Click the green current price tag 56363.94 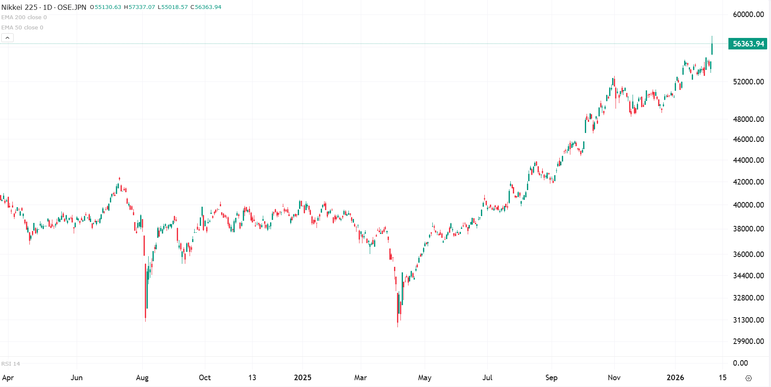click(748, 44)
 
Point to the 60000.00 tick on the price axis click(748, 14)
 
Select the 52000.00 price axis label click(748, 82)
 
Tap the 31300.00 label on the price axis click(748, 320)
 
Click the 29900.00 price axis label click(748, 341)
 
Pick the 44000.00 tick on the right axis click(748, 160)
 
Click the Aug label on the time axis click(142, 378)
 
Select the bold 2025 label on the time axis click(302, 378)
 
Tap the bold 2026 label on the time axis click(675, 378)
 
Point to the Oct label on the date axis click(205, 378)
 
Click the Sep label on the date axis click(551, 378)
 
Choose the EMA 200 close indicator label click(24, 17)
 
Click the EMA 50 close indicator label click(22, 28)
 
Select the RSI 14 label click(11, 364)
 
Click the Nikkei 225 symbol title click(19, 7)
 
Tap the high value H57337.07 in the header click(139, 7)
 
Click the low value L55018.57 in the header click(173, 7)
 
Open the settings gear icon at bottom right click(748, 378)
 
